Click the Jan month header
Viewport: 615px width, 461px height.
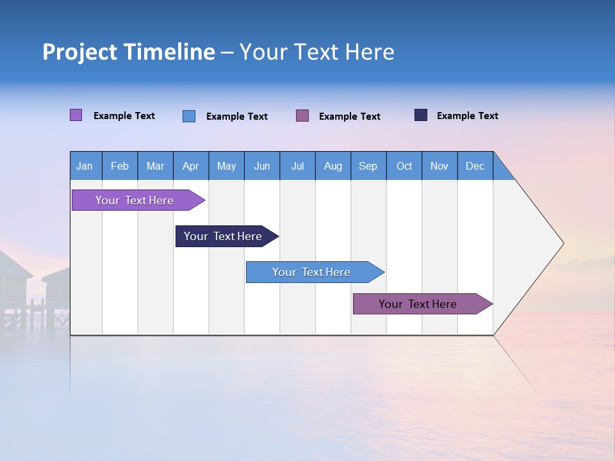point(85,166)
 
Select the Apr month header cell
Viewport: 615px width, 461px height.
point(191,166)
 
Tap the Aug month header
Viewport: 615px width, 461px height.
point(333,166)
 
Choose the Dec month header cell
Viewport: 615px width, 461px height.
point(475,166)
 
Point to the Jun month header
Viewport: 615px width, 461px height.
point(262,166)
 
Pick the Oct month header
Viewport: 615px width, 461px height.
point(404,166)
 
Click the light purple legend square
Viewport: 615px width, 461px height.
point(76,115)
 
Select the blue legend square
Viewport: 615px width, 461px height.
point(189,116)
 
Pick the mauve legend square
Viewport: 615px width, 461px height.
point(302,115)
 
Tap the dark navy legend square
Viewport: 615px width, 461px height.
point(421,115)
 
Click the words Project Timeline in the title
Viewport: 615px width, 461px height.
point(128,52)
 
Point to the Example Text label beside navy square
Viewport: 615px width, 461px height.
point(467,116)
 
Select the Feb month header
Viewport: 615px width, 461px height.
point(120,166)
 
